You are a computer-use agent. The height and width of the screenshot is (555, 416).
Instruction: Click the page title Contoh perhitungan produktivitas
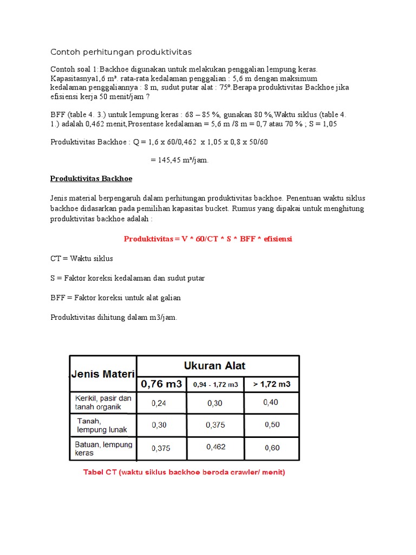tap(121, 52)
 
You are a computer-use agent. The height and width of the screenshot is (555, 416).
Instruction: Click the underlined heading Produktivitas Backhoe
tap(91, 178)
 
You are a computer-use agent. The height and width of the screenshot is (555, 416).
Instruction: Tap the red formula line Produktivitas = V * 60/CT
tap(208, 238)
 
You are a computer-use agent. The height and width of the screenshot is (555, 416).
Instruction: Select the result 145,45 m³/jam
tap(179, 160)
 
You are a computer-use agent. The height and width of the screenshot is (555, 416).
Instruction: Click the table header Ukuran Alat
tap(214, 365)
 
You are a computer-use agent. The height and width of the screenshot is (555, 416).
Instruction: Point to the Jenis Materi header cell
tap(103, 373)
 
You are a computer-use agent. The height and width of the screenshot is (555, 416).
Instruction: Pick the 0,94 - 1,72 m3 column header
tap(215, 385)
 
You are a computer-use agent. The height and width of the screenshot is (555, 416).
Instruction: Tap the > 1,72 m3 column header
tap(271, 384)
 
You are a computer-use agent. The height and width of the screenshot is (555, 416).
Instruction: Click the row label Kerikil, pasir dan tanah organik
tap(103, 403)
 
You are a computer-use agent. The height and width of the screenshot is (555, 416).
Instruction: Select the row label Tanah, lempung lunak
tap(102, 425)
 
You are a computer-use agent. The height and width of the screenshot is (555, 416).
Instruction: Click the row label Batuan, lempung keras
tap(103, 448)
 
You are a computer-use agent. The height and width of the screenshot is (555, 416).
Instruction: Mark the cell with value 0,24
tap(159, 403)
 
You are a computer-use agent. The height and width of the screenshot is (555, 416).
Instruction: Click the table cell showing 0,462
tap(216, 447)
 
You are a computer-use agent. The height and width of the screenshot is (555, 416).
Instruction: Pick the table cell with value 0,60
tap(272, 448)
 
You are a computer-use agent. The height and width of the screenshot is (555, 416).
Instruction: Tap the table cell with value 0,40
tap(271, 402)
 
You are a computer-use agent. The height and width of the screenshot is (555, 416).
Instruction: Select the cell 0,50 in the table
tap(272, 425)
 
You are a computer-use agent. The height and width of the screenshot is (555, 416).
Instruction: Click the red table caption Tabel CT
tap(184, 472)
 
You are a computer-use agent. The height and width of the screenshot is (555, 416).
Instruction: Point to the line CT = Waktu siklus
tap(82, 259)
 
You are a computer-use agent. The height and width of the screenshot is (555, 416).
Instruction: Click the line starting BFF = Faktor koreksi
tap(115, 298)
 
